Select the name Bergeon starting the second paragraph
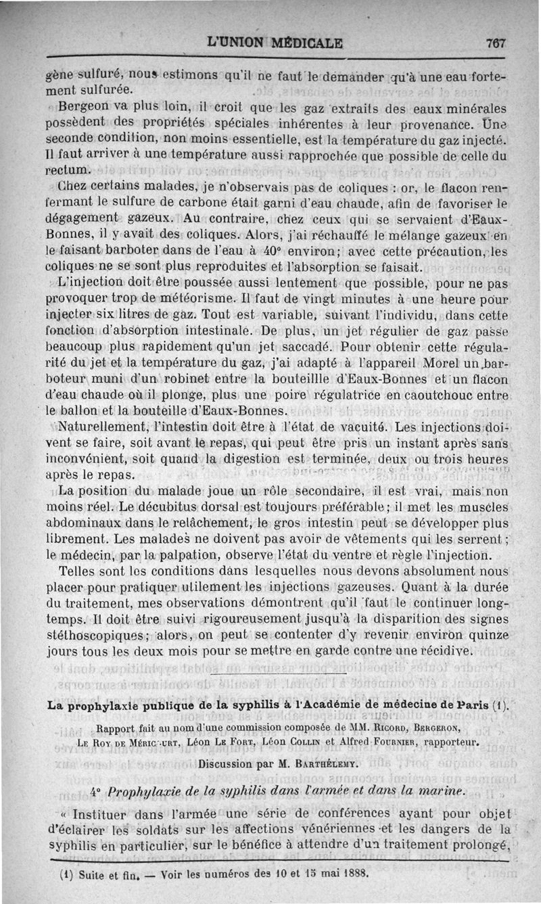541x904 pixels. pyautogui.click(x=83, y=107)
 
